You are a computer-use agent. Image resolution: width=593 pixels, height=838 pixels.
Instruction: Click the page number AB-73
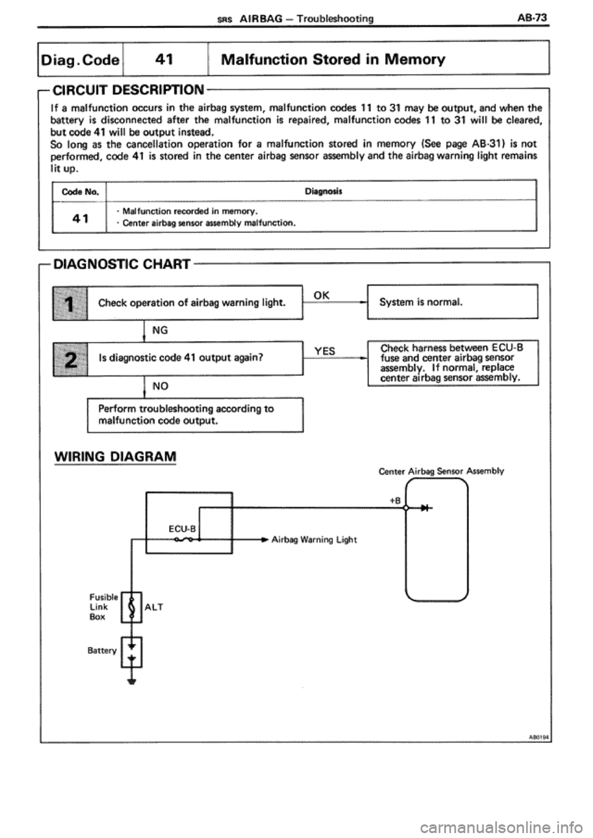[x=532, y=19]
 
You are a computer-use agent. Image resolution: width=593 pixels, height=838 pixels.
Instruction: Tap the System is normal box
[x=453, y=302]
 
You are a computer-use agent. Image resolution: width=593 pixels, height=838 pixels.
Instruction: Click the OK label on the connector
[x=322, y=295]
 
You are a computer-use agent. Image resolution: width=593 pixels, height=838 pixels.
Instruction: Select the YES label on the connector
[x=324, y=351]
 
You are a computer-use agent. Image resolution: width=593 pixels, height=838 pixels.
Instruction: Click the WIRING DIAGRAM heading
[x=115, y=457]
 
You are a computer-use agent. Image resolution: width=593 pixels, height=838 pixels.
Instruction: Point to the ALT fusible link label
[x=154, y=607]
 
